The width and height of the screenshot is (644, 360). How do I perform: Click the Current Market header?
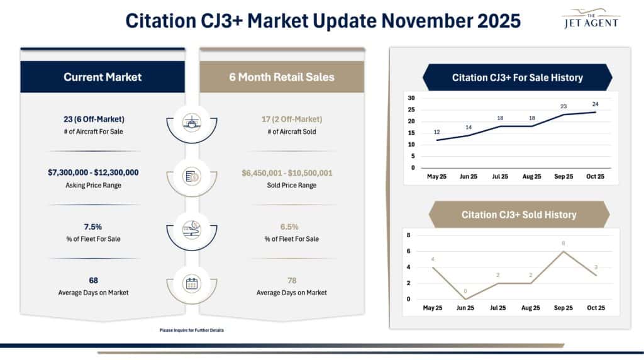103,77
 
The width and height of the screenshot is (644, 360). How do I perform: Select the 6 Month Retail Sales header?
282,77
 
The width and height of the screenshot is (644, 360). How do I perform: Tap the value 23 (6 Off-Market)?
103,119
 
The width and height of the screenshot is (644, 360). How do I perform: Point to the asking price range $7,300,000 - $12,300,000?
103,172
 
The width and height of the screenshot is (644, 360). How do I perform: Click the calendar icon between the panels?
191,284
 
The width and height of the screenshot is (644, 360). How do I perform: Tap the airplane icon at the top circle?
191,121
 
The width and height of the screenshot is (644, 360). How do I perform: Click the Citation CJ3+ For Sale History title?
517,78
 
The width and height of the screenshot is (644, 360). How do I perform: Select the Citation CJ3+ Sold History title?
518,215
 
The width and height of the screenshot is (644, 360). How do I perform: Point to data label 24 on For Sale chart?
595,104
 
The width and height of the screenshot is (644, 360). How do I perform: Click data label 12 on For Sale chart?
436,132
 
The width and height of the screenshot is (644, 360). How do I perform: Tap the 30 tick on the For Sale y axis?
411,98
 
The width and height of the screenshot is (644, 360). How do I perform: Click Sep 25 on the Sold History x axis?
563,308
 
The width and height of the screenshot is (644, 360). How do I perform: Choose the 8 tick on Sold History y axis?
408,235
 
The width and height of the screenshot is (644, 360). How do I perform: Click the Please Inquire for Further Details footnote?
192,330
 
